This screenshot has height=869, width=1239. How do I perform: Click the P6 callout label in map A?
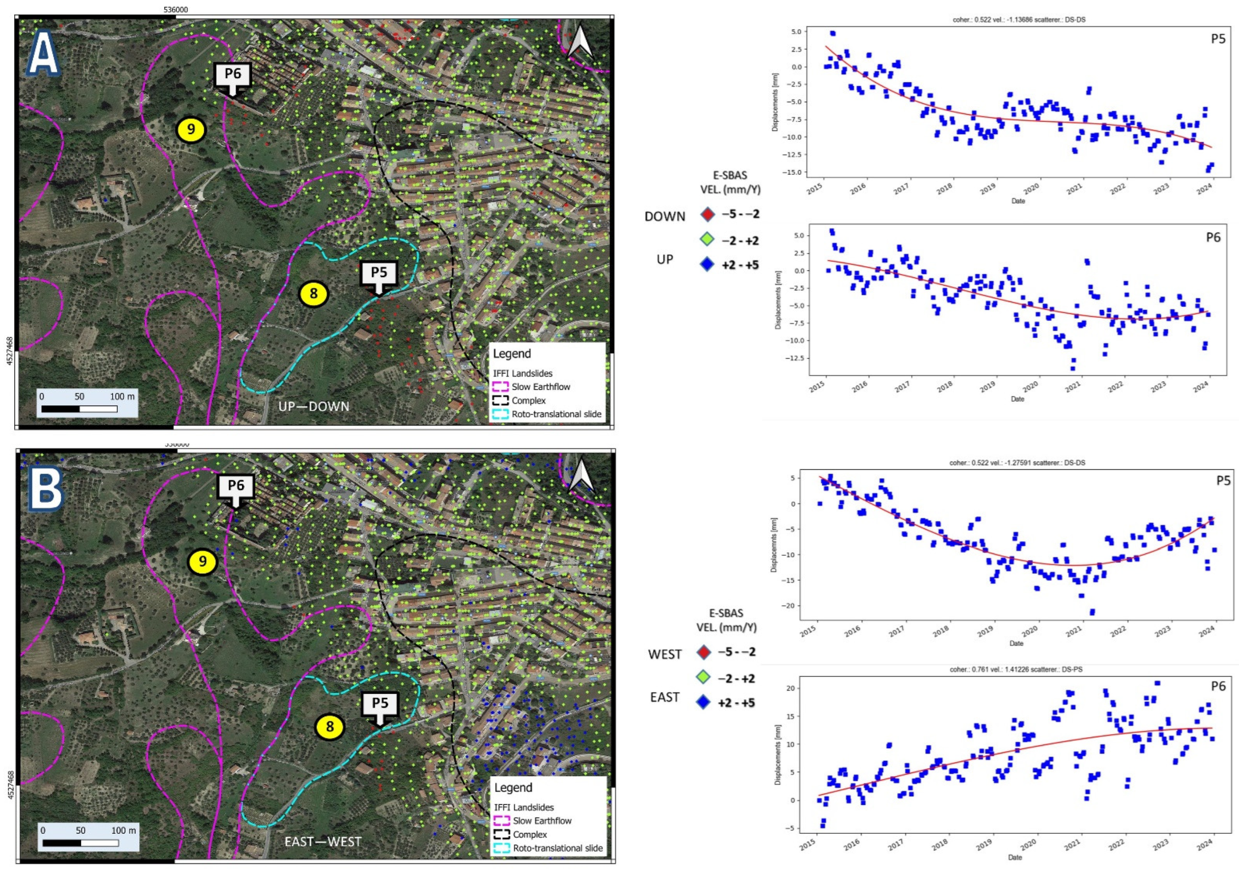click(x=233, y=74)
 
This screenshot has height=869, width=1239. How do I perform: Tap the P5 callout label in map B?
click(x=380, y=703)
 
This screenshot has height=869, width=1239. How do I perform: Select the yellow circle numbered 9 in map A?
click(x=191, y=130)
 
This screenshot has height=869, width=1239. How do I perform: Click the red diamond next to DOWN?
click(x=708, y=214)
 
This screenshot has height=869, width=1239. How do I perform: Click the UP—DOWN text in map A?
click(x=314, y=407)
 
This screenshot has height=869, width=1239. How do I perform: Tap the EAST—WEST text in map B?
click(x=323, y=841)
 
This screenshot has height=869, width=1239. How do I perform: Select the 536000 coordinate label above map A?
click(x=176, y=10)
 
